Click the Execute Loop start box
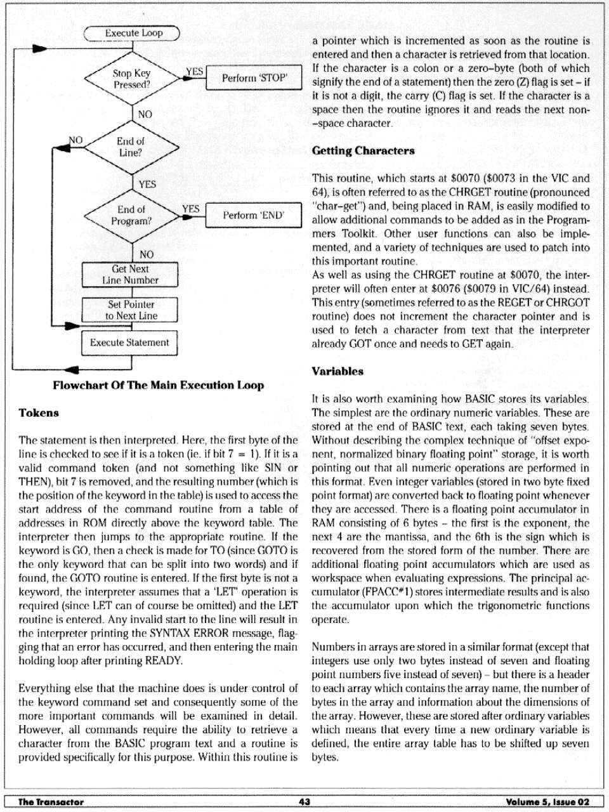pos(133,33)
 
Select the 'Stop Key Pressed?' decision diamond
pos(131,79)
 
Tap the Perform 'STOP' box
pos(254,79)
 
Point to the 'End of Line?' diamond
pos(131,147)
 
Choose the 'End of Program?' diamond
pos(131,216)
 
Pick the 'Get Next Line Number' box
pos(130,275)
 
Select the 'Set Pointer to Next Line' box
pos(130,310)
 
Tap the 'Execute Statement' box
pos(129,343)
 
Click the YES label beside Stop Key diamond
pos(194,71)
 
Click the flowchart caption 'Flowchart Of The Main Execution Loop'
pos(159,385)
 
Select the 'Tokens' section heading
pos(39,413)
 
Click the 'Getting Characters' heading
pos(363,151)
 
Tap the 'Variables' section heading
pos(337,372)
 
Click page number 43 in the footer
pos(304,802)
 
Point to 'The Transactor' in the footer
pos(51,802)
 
